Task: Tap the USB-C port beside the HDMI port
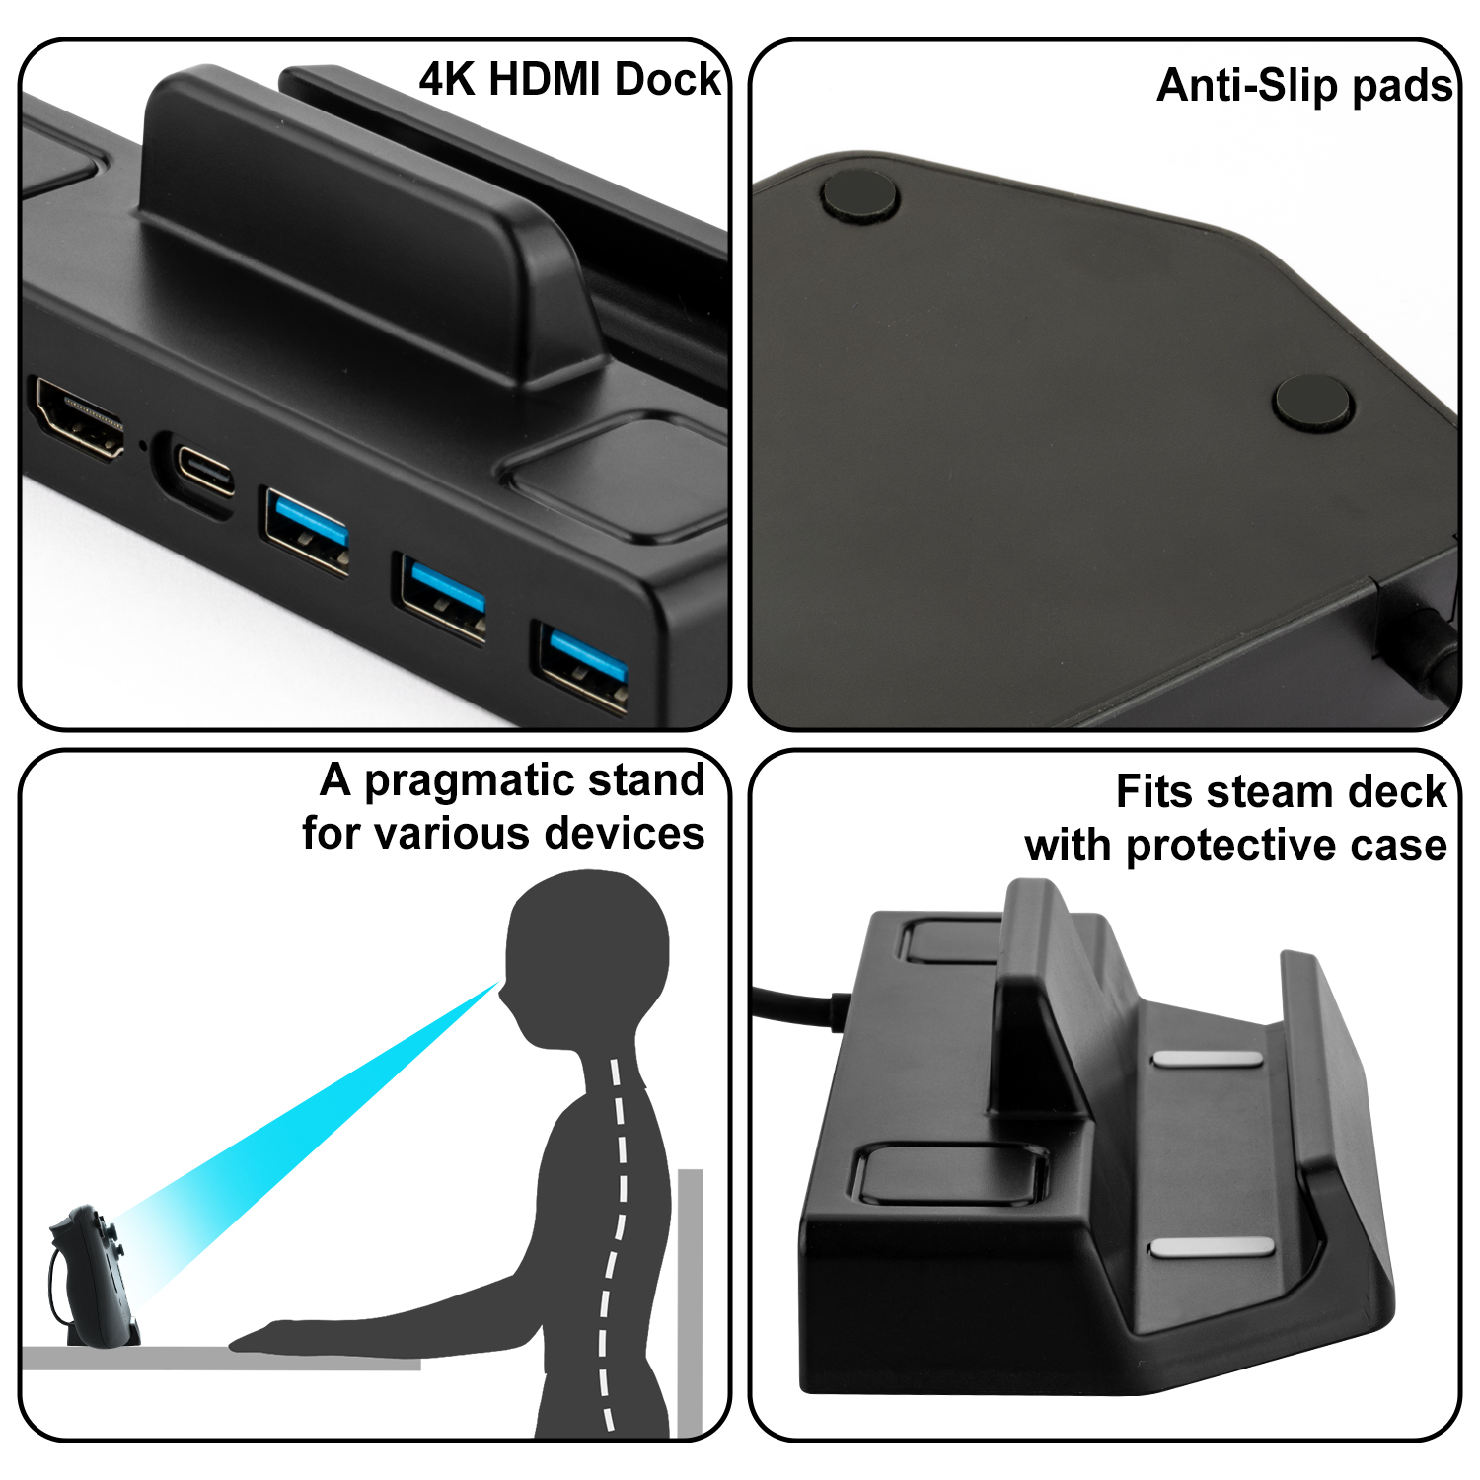pyautogui.click(x=204, y=469)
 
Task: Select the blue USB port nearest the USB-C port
pyautogui.click(x=305, y=529)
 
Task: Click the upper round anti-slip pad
pyautogui.click(x=860, y=194)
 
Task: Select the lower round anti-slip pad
pyautogui.click(x=1313, y=402)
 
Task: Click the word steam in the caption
pyautogui.click(x=1273, y=792)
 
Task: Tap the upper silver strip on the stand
pyautogui.click(x=1208, y=1059)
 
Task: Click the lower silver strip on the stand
pyautogui.click(x=1213, y=1246)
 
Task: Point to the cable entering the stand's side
pyautogui.click(x=799, y=1007)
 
